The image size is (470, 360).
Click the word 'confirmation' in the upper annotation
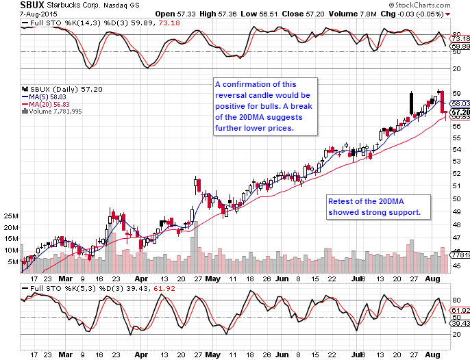[x=246, y=84]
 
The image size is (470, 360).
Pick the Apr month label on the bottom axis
[x=142, y=279]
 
